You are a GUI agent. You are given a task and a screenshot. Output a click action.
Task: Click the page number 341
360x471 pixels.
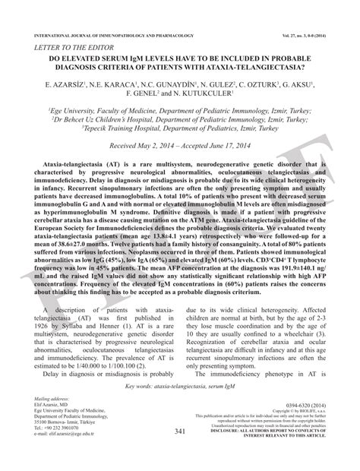point(180,453)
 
